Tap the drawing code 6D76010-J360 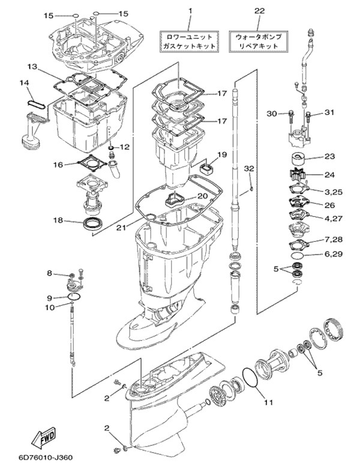pyautogui.click(x=45, y=458)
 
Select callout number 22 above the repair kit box pyautogui.click(x=259, y=11)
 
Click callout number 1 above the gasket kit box pyautogui.click(x=190, y=11)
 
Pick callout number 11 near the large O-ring pyautogui.click(x=268, y=402)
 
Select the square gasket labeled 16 pyautogui.click(x=92, y=163)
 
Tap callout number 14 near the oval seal pyautogui.click(x=25, y=82)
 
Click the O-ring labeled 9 pyautogui.click(x=74, y=297)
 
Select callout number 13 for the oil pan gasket pyautogui.click(x=32, y=67)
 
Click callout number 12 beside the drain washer pyautogui.click(x=125, y=147)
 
